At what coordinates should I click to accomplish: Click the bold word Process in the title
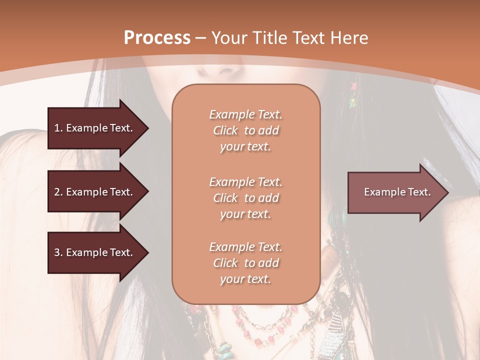(157, 38)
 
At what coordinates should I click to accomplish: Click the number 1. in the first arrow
(58, 128)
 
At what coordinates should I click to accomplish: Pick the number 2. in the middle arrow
(58, 192)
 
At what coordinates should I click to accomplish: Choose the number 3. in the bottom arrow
(58, 252)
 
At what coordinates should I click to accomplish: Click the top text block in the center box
(245, 130)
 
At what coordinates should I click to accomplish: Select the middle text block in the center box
(245, 198)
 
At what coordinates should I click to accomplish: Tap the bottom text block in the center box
(245, 263)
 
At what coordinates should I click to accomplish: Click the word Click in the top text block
(225, 130)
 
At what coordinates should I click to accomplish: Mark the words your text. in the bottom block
(245, 279)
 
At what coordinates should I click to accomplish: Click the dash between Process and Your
(200, 38)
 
